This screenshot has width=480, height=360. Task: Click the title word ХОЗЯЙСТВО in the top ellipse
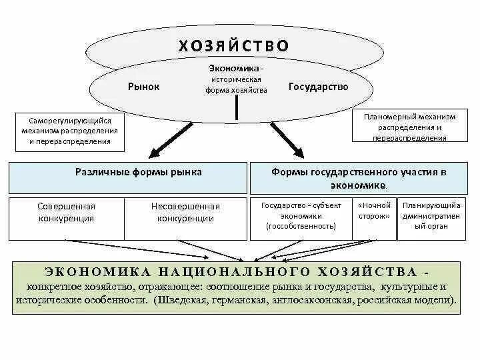(234, 45)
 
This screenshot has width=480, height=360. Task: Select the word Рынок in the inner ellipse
(143, 87)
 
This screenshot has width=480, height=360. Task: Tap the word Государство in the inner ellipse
(318, 87)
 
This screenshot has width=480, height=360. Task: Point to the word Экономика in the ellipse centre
(235, 69)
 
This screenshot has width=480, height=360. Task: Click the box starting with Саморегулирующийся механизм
(69, 131)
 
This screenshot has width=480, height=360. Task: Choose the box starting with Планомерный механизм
(409, 127)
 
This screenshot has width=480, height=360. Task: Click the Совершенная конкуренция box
(66, 212)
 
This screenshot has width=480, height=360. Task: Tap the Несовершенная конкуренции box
(185, 212)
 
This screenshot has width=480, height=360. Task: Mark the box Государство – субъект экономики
(301, 215)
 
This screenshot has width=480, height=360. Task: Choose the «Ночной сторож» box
(374, 211)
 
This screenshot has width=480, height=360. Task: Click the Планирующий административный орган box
(430, 215)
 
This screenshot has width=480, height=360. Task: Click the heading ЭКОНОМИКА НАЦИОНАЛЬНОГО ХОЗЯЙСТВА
(233, 272)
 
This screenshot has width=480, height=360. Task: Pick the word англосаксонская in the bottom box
(313, 301)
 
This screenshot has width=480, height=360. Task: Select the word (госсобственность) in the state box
(301, 227)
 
